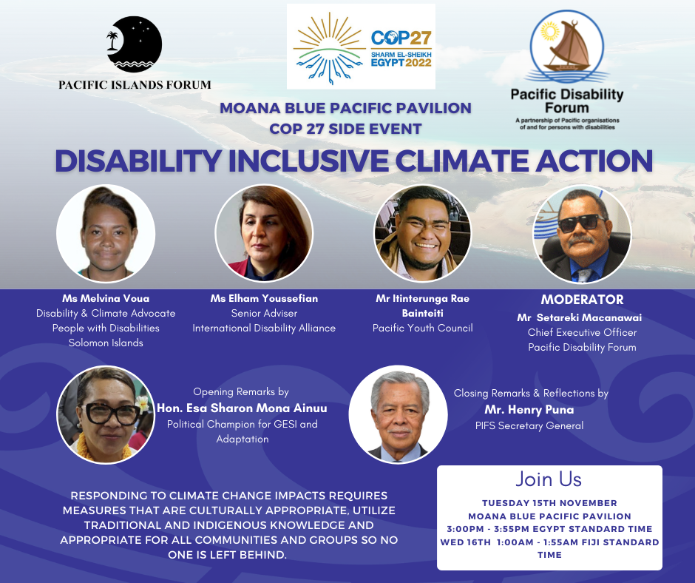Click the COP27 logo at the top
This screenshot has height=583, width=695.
click(x=361, y=47)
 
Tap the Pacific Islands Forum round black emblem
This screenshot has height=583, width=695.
click(x=135, y=44)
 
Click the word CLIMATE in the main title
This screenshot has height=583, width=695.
click(x=461, y=161)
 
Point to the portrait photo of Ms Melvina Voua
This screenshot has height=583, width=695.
click(x=106, y=233)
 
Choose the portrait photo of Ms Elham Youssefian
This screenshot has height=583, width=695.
click(x=264, y=233)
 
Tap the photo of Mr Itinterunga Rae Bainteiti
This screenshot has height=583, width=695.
click(x=423, y=233)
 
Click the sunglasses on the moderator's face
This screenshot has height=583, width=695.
click(x=582, y=222)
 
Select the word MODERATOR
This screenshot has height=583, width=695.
click(x=582, y=300)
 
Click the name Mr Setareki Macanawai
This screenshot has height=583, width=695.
click(x=580, y=317)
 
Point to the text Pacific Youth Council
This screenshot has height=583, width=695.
click(x=422, y=328)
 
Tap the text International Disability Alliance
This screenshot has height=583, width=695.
click(x=264, y=328)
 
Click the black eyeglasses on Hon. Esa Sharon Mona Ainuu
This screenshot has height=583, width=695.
click(x=109, y=414)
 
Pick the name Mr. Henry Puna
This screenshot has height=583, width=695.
click(x=529, y=410)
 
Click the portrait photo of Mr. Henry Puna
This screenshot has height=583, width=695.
click(x=398, y=414)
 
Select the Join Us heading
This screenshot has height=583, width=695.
click(x=549, y=479)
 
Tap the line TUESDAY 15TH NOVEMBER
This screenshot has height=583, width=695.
click(x=549, y=503)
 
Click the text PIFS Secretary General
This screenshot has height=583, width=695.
click(x=529, y=426)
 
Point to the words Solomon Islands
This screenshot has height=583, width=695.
click(x=106, y=343)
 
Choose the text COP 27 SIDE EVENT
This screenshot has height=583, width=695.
click(x=345, y=129)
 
